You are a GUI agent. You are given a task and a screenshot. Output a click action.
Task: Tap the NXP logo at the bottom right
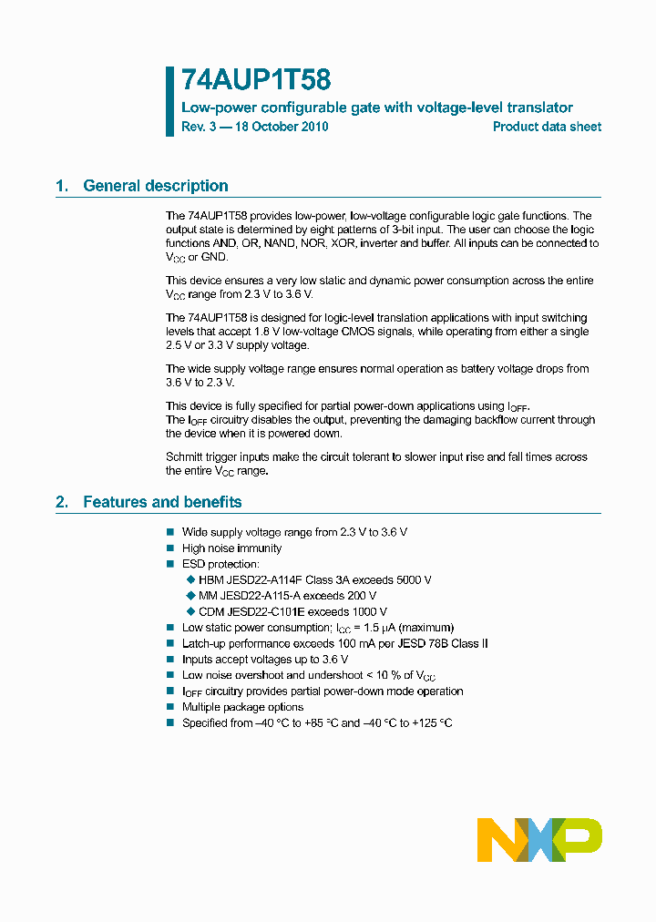pyautogui.click(x=539, y=839)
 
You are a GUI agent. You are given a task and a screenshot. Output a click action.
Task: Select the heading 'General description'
pyautogui.click(x=156, y=186)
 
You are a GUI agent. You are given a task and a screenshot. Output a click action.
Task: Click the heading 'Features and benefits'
pyautogui.click(x=162, y=502)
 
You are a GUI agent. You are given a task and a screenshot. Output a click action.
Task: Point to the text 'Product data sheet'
pyautogui.click(x=547, y=127)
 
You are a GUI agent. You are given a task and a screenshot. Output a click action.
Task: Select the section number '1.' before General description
pyautogui.click(x=62, y=186)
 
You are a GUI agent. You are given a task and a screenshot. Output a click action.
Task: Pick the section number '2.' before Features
pyautogui.click(x=62, y=502)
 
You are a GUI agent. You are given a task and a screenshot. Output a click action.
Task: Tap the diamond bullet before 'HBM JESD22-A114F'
pyautogui.click(x=190, y=580)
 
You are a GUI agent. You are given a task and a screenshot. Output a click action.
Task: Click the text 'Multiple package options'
pyautogui.click(x=242, y=707)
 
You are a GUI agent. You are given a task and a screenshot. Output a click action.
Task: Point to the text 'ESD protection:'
pyautogui.click(x=220, y=564)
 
